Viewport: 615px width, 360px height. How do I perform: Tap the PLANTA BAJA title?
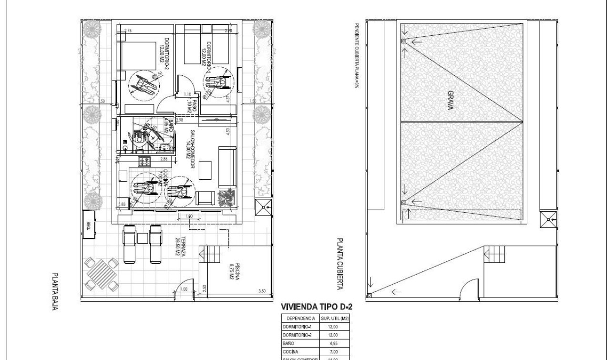[56, 291]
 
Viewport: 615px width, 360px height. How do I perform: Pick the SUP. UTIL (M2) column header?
[336, 318]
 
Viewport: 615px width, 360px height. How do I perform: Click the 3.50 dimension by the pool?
[262, 290]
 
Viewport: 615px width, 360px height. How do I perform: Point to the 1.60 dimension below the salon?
[188, 216]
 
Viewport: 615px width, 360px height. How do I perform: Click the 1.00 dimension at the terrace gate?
[184, 288]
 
